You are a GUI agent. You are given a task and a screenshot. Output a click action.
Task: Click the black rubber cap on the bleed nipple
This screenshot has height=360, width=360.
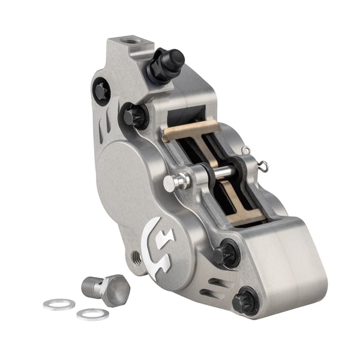[x=172, y=59]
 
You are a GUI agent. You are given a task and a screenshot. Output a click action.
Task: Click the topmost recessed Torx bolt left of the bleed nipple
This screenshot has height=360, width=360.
[x=101, y=91]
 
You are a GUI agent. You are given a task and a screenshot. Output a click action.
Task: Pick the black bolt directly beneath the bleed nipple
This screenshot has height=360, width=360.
[x=134, y=115]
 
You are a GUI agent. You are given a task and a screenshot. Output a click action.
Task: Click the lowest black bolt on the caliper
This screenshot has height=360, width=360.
[x=245, y=299]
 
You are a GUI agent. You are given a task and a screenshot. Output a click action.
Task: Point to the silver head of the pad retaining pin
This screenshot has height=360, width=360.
[x=170, y=182]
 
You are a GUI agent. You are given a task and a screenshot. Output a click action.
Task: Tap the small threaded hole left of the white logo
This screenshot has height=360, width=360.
[x=137, y=258]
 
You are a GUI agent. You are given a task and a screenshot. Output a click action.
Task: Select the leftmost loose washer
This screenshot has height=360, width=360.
[x=59, y=304]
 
